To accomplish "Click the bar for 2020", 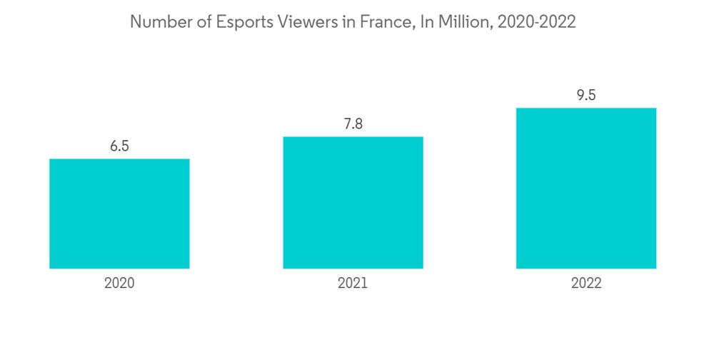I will (x=119, y=214).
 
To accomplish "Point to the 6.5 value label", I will (x=119, y=146).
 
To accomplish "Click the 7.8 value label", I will (x=353, y=124).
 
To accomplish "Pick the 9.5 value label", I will (x=586, y=96).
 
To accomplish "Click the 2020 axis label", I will (x=119, y=283).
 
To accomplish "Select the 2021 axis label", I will (x=353, y=283).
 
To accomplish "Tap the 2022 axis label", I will (x=586, y=283).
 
